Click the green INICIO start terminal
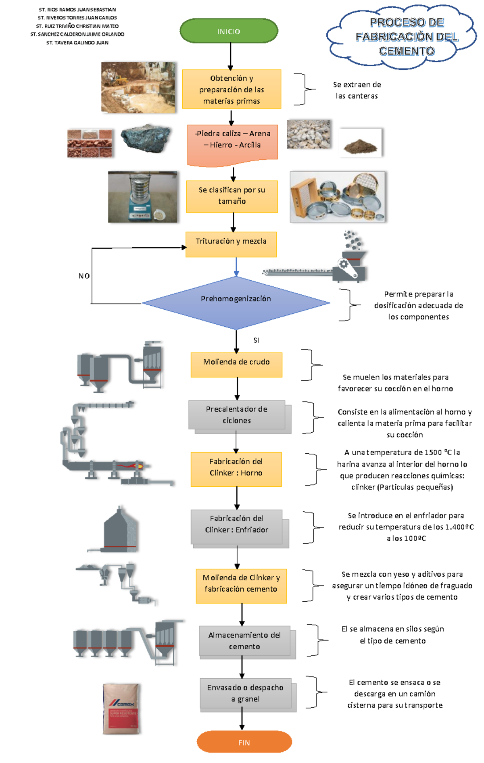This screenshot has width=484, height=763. coord(229,31)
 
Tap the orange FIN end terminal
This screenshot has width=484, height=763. coord(244,742)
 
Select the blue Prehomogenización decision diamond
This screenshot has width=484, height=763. coord(236,302)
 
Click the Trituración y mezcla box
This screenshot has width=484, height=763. coord(231,244)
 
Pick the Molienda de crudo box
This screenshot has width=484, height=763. coord(236,365)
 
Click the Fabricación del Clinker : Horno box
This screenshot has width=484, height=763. coord(236,469)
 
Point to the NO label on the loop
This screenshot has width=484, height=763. coord(84,276)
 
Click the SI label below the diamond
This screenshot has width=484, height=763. coord(256,340)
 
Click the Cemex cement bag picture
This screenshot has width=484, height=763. coord(121,709)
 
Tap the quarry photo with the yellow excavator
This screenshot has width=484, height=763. coord(138,87)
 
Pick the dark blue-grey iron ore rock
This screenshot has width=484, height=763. coord(146,138)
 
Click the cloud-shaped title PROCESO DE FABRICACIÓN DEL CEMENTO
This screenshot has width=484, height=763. coord(407,36)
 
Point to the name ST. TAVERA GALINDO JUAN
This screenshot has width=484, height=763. coord(77,43)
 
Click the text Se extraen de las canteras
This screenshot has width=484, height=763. coord(357,90)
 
